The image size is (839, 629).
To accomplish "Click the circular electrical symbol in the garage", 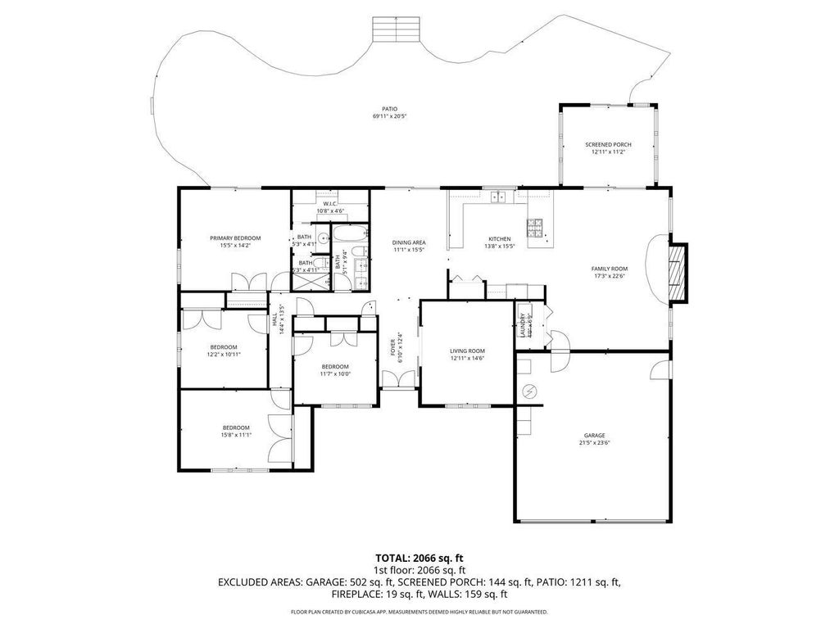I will [x=529, y=391].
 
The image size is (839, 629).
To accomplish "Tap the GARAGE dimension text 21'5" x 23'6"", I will [x=594, y=443].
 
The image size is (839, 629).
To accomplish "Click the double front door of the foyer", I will [x=399, y=379].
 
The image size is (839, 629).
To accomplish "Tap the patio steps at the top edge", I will [x=397, y=29].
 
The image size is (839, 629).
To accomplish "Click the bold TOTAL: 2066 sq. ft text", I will [x=419, y=558].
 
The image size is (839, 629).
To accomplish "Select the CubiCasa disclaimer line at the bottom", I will [x=419, y=612].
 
